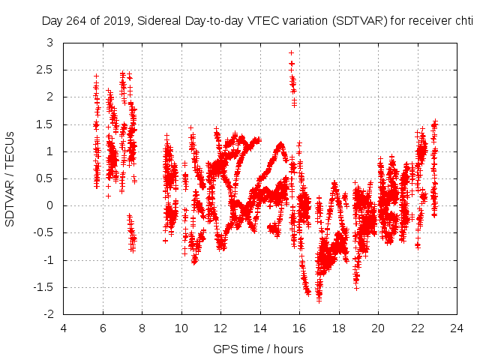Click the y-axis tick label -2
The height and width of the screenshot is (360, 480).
[47, 314]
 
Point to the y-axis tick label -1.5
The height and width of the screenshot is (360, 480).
[43, 287]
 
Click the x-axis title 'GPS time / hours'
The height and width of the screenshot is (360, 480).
[258, 349]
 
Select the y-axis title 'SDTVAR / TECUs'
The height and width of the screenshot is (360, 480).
[10, 178]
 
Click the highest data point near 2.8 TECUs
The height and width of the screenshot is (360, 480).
[291, 53]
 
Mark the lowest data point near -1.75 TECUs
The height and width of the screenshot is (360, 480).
[319, 300]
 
